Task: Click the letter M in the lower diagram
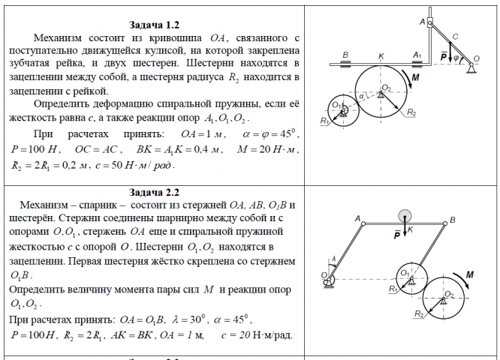(470, 276)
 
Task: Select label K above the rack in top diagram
(382, 55)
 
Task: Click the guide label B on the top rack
(345, 55)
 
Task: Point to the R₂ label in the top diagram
(411, 112)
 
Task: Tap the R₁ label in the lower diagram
(391, 289)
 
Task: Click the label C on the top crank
(455, 36)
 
